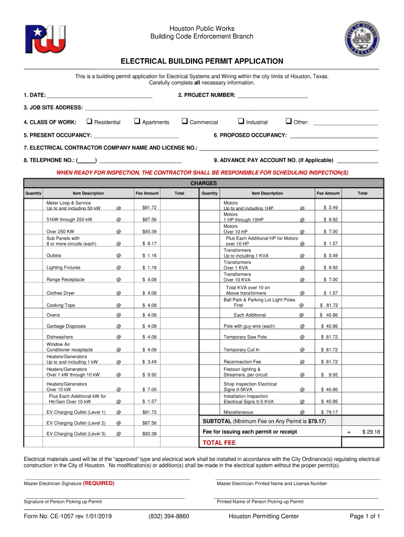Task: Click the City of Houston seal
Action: click(362, 39)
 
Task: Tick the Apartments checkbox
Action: click(136, 122)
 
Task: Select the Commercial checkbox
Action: click(184, 122)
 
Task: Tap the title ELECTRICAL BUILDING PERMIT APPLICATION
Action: click(202, 61)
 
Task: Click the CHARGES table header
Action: click(203, 184)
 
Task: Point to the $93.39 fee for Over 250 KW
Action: click(150, 231)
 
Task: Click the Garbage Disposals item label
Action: click(66, 326)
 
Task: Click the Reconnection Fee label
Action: click(242, 361)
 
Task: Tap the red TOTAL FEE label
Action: click(219, 443)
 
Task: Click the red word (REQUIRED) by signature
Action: click(99, 483)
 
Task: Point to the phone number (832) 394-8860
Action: click(168, 516)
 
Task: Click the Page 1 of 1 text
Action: click(365, 516)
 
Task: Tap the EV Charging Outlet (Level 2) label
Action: click(76, 423)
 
